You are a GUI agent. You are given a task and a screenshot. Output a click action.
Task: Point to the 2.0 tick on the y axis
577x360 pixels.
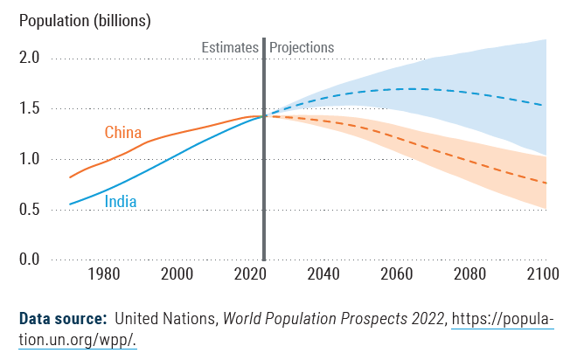[x=29, y=59]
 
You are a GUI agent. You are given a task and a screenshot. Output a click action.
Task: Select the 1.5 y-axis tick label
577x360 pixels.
[x=29, y=109]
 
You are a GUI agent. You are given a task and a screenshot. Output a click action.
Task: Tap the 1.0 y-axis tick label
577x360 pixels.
[x=29, y=159]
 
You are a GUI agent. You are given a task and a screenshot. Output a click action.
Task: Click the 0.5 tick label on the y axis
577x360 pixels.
[x=29, y=210]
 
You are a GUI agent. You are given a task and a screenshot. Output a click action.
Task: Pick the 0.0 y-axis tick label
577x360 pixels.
[x=29, y=260]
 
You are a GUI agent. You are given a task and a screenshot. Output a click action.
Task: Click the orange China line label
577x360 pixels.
[x=123, y=133]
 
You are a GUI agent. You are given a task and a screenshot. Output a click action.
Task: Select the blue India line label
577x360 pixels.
[x=121, y=202]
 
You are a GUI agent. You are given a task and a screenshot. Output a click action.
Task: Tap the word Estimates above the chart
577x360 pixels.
[x=230, y=47]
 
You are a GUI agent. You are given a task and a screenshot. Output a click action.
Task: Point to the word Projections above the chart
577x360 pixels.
[x=302, y=47]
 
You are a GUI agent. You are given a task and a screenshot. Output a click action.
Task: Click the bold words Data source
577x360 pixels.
[x=64, y=318]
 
